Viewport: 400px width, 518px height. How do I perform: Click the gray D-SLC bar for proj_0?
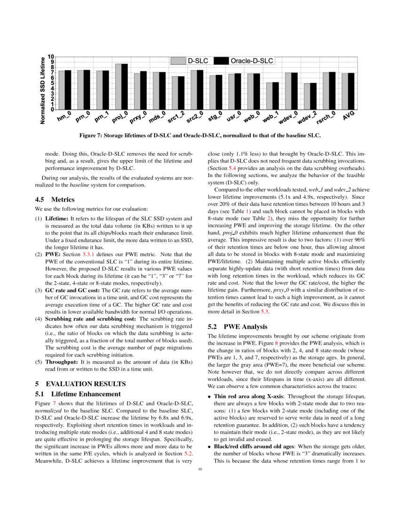coord(119,87)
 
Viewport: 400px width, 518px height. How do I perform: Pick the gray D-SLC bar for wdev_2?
coord(307,97)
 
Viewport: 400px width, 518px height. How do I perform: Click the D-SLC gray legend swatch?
coord(178,61)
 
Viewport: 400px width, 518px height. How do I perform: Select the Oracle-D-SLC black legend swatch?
coord(221,61)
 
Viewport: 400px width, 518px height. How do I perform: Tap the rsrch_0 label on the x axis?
coord(326,117)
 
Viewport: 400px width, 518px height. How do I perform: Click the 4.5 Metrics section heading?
coord(55,199)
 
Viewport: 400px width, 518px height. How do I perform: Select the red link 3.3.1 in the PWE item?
coord(95,254)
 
